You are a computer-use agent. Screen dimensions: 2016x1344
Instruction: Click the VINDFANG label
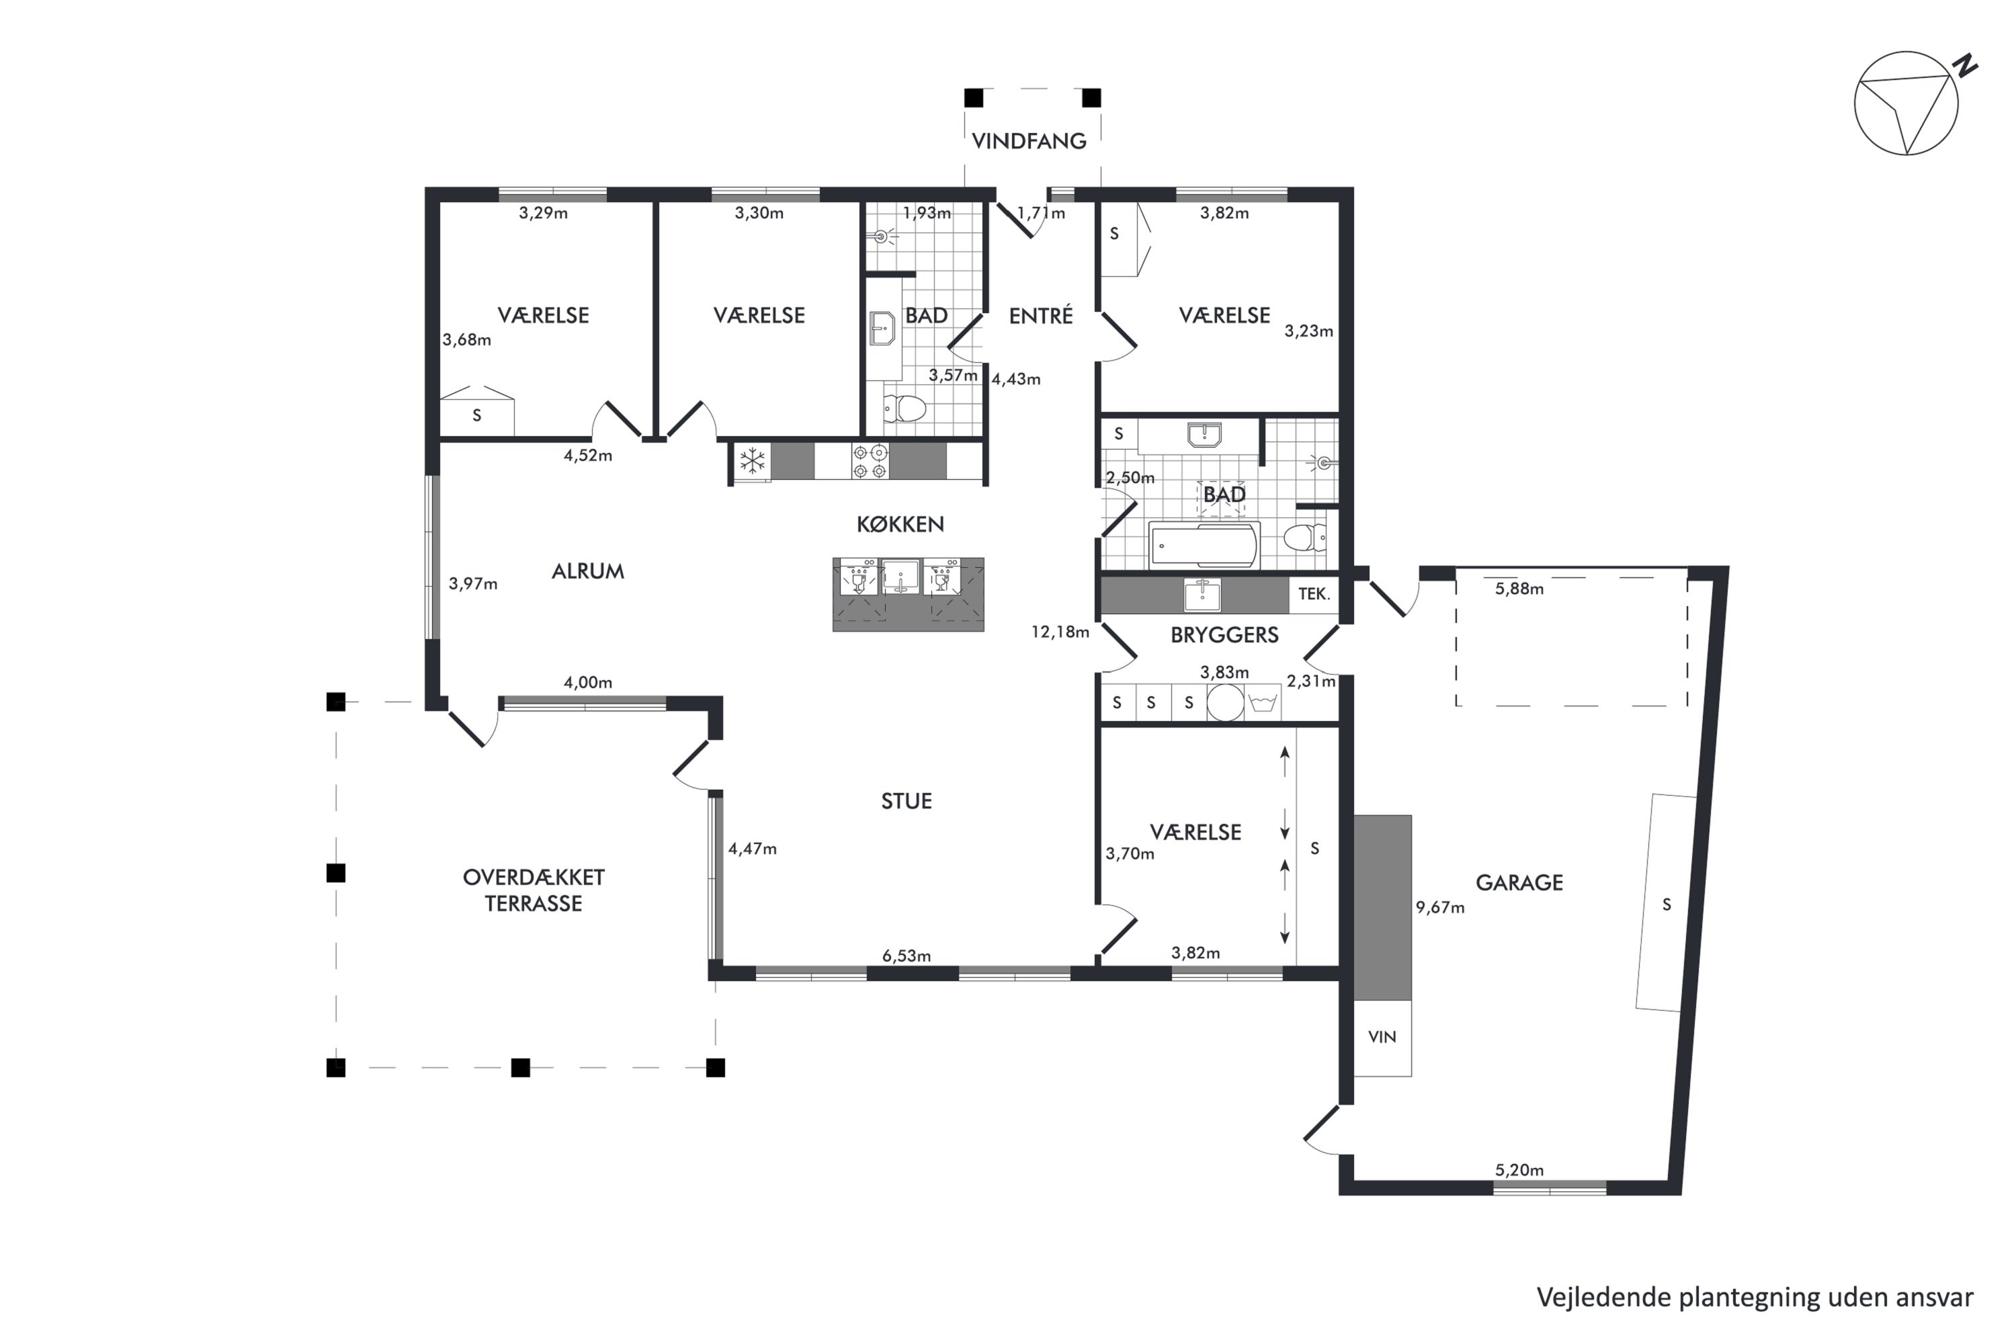click(x=1029, y=140)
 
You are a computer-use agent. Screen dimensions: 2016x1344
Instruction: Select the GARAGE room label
click(x=1519, y=882)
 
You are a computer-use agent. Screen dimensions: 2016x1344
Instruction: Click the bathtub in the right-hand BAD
click(x=1204, y=544)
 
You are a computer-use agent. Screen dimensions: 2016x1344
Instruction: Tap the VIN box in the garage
click(x=1382, y=1037)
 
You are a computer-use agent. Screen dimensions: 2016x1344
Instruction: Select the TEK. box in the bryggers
click(x=1313, y=594)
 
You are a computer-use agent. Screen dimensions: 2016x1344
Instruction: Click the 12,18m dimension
click(x=1060, y=632)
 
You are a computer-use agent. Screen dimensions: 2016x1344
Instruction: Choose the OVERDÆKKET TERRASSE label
click(x=533, y=890)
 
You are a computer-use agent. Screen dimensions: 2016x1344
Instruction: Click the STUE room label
click(x=906, y=800)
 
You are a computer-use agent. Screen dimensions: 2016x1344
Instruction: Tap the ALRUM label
click(x=587, y=571)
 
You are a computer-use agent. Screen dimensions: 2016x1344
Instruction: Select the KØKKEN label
click(x=900, y=523)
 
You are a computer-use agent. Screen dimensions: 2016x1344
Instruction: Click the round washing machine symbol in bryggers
click(x=1225, y=703)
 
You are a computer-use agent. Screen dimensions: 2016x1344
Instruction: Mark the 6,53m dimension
click(x=906, y=956)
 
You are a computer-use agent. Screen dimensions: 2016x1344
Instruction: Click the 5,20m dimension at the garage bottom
click(x=1519, y=1170)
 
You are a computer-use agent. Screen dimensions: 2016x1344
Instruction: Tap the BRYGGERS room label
click(x=1224, y=634)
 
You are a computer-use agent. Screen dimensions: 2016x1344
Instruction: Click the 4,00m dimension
click(x=587, y=682)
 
